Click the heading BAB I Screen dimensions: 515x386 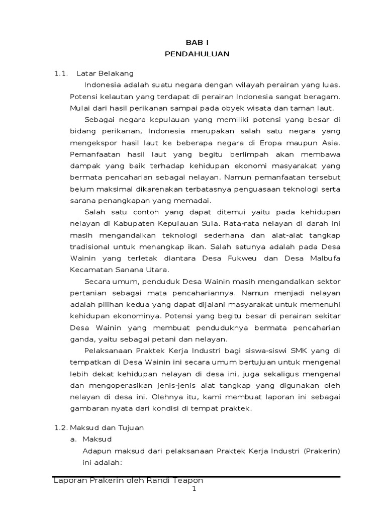[x=197, y=44]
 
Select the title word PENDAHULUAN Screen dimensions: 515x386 [x=197, y=54]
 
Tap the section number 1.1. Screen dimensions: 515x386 [x=61, y=74]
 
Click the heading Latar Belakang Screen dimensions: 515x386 [x=105, y=74]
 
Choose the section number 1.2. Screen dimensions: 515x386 [x=60, y=428]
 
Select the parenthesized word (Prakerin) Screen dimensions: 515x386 [x=322, y=451]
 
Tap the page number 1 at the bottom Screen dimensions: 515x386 [x=194, y=490]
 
